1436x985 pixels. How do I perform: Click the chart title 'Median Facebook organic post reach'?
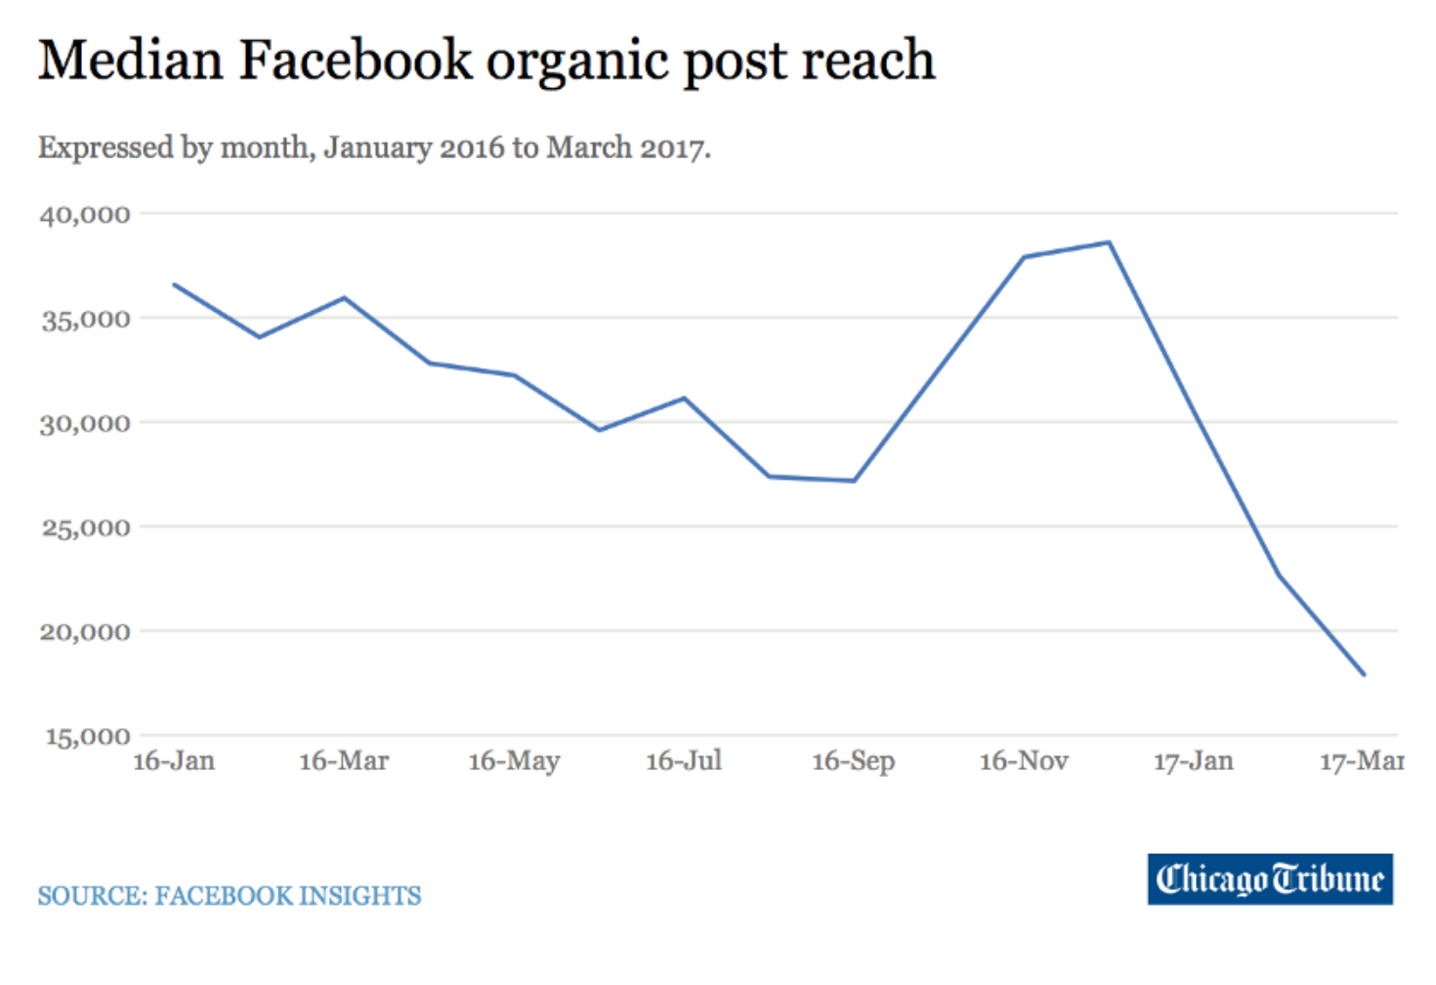pyautogui.click(x=486, y=61)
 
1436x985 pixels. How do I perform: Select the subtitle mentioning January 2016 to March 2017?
pyautogui.click(x=374, y=148)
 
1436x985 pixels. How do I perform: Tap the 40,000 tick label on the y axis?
pyautogui.click(x=85, y=214)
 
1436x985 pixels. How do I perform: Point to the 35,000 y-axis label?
pyautogui.click(x=85, y=319)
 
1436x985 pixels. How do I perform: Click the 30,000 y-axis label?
pyautogui.click(x=85, y=423)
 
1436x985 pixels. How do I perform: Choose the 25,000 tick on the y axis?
pyautogui.click(x=85, y=528)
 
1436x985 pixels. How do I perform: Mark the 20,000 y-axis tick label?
pyautogui.click(x=85, y=631)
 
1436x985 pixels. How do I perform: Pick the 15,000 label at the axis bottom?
pyautogui.click(x=87, y=736)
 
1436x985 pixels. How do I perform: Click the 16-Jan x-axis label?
pyautogui.click(x=174, y=761)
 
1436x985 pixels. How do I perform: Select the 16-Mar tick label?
pyautogui.click(x=344, y=761)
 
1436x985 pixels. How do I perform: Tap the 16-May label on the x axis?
pyautogui.click(x=514, y=761)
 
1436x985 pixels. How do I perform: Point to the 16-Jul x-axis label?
pyautogui.click(x=684, y=761)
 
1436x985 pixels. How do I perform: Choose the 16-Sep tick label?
pyautogui.click(x=853, y=761)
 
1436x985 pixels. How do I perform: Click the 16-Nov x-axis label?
pyautogui.click(x=1024, y=761)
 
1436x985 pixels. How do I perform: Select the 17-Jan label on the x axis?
pyautogui.click(x=1193, y=761)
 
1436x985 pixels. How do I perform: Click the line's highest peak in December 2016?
pyautogui.click(x=1109, y=242)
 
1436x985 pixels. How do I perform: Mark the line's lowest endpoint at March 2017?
pyautogui.click(x=1364, y=674)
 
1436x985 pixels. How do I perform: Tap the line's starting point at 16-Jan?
pyautogui.click(x=174, y=284)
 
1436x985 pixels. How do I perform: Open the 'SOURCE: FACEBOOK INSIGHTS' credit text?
pyautogui.click(x=230, y=896)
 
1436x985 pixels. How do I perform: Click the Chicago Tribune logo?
pyautogui.click(x=1270, y=879)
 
